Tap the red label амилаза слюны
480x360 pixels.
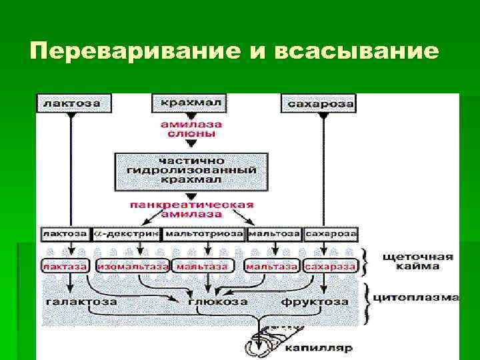(x=191, y=129)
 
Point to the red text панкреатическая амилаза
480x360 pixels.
(x=191, y=209)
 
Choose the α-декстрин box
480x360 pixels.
(x=127, y=235)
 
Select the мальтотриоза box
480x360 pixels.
(x=203, y=235)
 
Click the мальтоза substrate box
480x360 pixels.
(x=274, y=235)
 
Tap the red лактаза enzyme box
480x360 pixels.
(x=65, y=266)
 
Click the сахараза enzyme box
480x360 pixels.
(x=330, y=266)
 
